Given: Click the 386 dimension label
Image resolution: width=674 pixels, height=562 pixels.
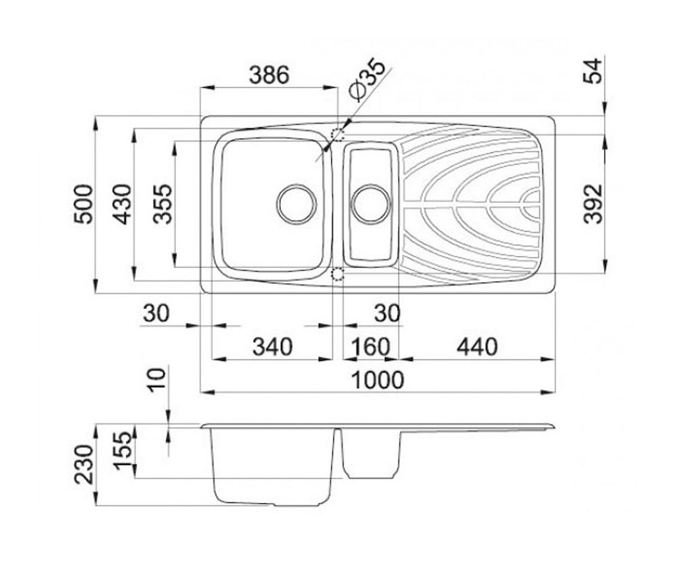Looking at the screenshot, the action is point(269,75).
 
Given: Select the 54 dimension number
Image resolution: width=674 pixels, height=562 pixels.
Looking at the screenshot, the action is point(593,71).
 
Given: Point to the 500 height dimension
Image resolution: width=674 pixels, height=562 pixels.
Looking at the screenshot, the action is point(83,204).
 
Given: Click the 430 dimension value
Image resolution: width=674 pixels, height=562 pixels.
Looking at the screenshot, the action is point(122,204).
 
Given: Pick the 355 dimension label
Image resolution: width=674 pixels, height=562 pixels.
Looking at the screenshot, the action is point(162,204).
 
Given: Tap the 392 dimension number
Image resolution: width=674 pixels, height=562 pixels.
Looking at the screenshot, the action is point(593,204).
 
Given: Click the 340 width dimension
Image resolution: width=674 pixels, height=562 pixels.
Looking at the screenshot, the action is point(272,347).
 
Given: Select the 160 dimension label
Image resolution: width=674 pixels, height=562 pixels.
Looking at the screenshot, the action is point(370,347).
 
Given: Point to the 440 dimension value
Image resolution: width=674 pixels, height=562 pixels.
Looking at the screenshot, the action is point(477,347).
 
